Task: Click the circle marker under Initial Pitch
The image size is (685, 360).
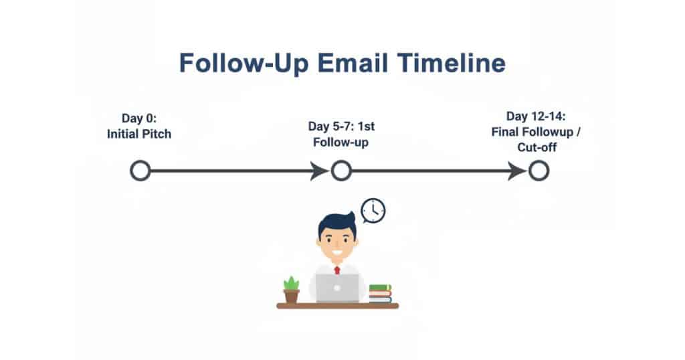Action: click(x=140, y=171)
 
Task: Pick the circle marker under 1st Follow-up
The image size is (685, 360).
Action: click(x=340, y=171)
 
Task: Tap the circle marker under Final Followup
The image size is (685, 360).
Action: click(x=539, y=171)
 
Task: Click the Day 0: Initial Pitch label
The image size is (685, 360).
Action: click(x=139, y=126)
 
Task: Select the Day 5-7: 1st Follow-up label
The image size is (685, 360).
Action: click(x=340, y=134)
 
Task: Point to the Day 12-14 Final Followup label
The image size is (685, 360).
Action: click(x=536, y=132)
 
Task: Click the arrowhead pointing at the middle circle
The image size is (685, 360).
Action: click(x=320, y=171)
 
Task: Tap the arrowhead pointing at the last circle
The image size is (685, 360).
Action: click(x=518, y=171)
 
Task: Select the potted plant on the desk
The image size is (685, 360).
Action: click(x=291, y=290)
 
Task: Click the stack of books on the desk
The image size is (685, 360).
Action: click(x=380, y=293)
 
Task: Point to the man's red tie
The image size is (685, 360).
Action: click(x=337, y=270)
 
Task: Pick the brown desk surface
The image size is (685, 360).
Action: click(x=337, y=306)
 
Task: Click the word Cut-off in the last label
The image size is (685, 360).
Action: click(x=536, y=147)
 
